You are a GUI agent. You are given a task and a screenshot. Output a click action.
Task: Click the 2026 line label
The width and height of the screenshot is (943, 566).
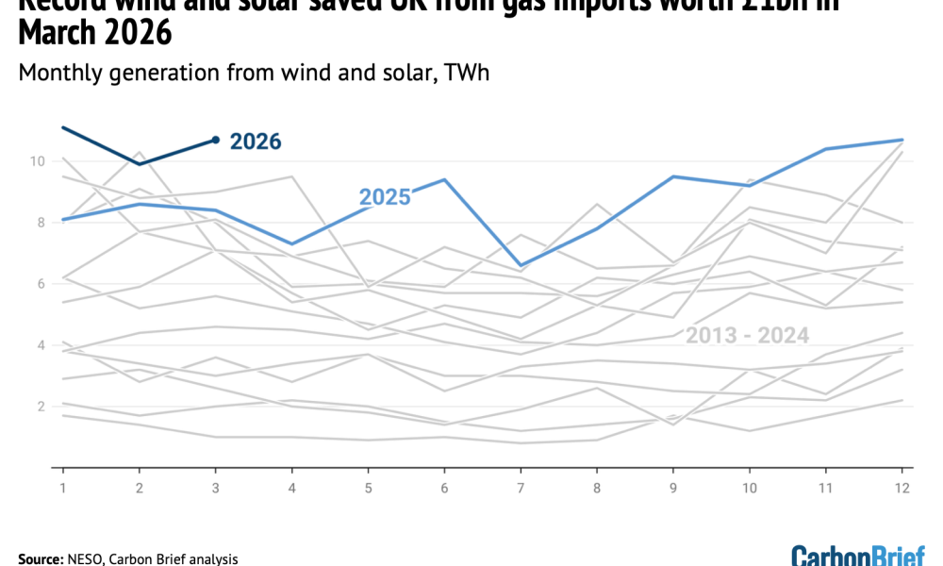click(x=256, y=141)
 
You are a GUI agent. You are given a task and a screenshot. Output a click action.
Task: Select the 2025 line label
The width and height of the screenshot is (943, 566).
click(x=384, y=197)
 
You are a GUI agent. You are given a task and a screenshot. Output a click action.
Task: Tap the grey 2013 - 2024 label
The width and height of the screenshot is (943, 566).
click(x=747, y=335)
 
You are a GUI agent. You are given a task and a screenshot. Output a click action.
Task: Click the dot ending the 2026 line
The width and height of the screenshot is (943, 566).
click(x=216, y=140)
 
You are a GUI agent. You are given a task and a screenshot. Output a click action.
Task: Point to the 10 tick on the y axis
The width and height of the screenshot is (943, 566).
click(x=38, y=161)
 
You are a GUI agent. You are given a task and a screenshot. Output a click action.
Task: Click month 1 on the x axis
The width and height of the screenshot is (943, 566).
click(x=63, y=487)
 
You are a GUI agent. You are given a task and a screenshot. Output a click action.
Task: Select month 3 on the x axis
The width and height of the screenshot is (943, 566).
click(x=216, y=487)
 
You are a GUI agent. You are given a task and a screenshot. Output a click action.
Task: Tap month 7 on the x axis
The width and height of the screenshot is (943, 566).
click(x=521, y=487)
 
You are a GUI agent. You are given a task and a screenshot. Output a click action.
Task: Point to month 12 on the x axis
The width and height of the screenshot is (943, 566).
click(x=902, y=487)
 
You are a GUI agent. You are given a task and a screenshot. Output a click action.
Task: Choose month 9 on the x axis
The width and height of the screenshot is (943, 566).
click(x=673, y=487)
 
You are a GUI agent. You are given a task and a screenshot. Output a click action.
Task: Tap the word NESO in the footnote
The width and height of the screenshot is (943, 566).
click(x=88, y=558)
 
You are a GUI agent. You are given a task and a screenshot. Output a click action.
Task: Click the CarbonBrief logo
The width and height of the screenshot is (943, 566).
click(x=857, y=555)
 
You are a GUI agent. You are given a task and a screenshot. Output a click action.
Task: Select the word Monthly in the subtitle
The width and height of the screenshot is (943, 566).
click(x=59, y=73)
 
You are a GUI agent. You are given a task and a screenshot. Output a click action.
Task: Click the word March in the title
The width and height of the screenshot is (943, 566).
click(x=56, y=33)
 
